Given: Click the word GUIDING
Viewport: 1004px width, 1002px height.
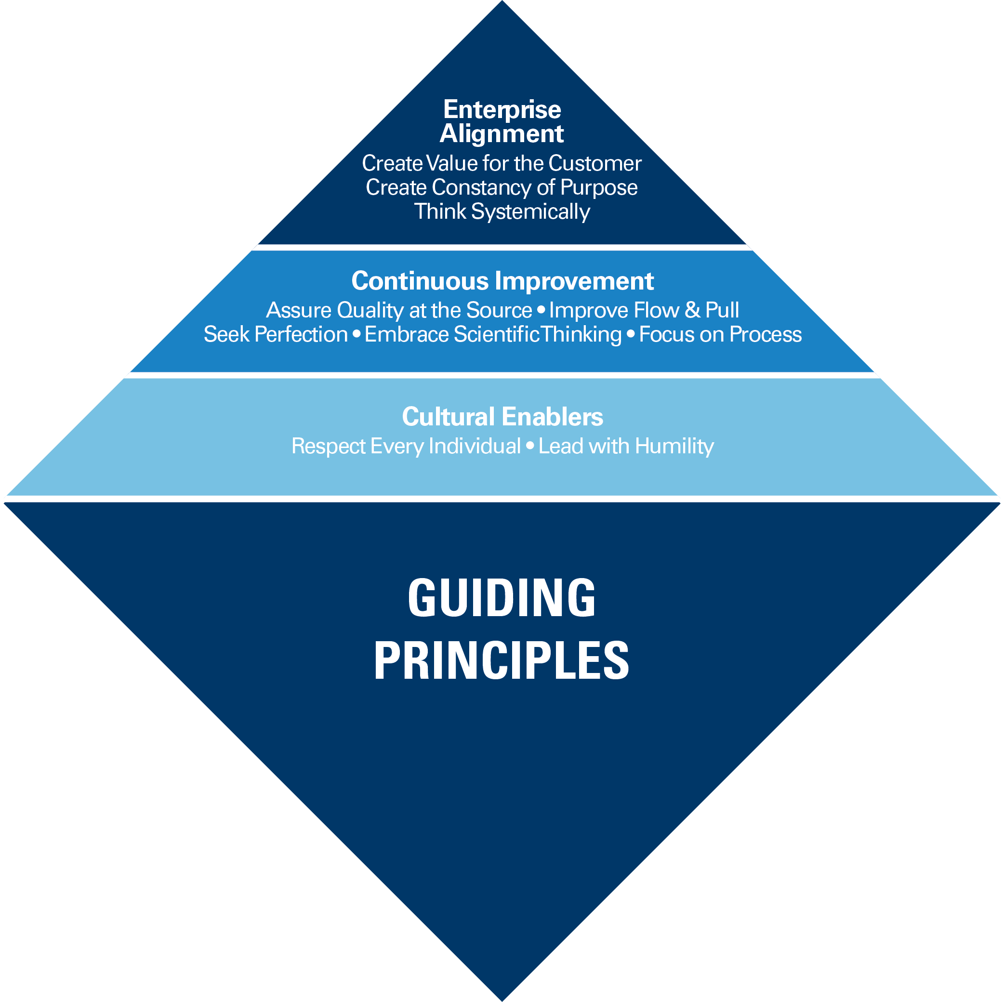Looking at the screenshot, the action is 502,598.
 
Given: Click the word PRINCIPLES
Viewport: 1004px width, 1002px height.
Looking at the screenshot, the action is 502,660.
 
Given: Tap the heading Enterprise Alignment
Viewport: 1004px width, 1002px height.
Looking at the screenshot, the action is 502,121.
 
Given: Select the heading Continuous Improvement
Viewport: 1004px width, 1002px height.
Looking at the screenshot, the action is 502,281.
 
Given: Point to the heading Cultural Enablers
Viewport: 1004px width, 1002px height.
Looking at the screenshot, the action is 502,417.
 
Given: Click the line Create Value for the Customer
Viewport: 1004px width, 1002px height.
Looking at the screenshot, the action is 502,163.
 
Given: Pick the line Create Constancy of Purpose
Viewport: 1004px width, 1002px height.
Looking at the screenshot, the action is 502,187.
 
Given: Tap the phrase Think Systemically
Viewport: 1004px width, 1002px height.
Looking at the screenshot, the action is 502,211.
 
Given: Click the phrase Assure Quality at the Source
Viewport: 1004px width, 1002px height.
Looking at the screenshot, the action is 398,310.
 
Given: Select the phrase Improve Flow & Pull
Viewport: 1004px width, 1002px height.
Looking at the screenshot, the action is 644,310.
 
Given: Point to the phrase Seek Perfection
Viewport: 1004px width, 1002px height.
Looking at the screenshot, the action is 276,334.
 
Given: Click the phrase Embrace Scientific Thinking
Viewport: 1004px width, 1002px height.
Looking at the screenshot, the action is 493,334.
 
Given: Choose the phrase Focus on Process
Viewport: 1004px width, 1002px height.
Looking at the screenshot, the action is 720,334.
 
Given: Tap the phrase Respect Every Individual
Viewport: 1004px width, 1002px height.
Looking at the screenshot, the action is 406,446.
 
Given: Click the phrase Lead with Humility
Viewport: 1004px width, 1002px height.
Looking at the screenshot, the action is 626,446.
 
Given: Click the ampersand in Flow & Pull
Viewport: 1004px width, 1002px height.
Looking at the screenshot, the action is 692,310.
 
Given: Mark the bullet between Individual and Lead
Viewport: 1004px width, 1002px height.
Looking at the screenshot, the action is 529,446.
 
